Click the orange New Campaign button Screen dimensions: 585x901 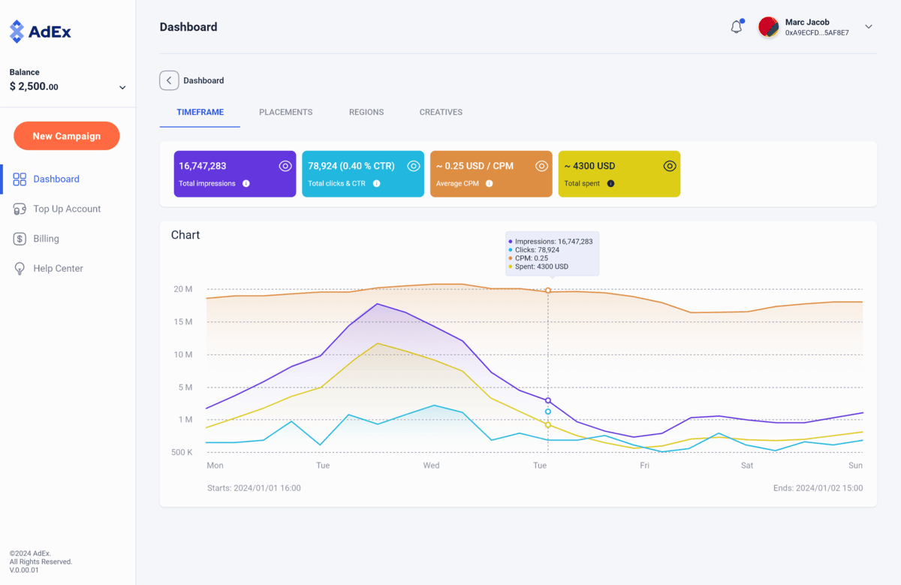pos(67,136)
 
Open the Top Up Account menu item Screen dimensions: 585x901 pos(67,209)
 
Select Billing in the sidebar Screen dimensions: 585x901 pos(46,239)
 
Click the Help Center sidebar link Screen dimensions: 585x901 pos(58,268)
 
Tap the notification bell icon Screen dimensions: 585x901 pos(737,27)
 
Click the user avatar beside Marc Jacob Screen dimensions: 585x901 pos(768,27)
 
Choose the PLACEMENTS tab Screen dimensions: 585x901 pos(285,112)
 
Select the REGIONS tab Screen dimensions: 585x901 pos(366,112)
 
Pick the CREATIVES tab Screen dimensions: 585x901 pos(441,112)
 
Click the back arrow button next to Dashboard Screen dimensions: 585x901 pos(169,80)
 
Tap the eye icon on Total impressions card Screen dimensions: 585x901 pos(285,166)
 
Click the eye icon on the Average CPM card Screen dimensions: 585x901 pos(541,166)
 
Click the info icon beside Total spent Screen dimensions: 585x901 pos(610,183)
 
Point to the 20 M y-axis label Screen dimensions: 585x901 pos(183,289)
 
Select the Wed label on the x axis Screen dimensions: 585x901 pos(431,466)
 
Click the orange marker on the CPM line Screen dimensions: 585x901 pos(548,291)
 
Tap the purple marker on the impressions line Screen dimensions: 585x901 pos(548,400)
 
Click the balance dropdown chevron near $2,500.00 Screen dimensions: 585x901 pos(122,88)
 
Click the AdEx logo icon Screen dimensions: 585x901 pos(17,32)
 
